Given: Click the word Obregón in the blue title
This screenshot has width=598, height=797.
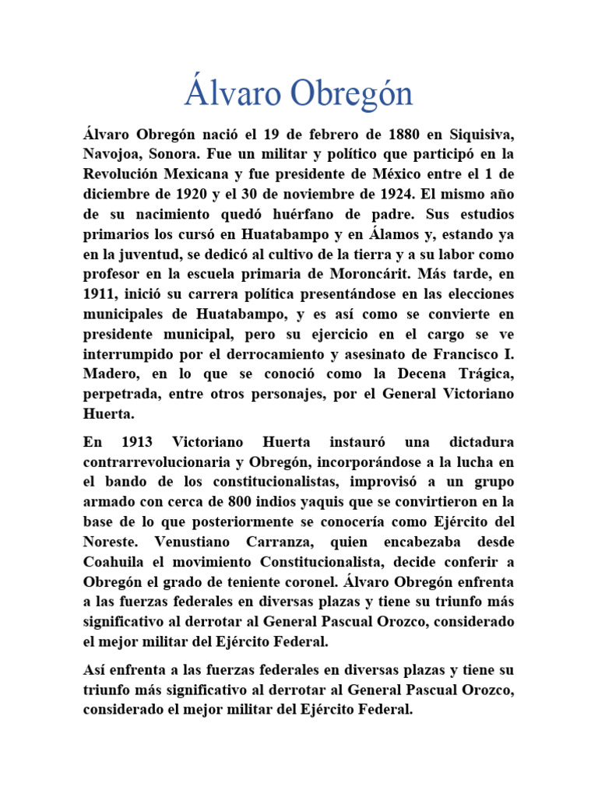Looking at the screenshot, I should pos(352,94).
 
